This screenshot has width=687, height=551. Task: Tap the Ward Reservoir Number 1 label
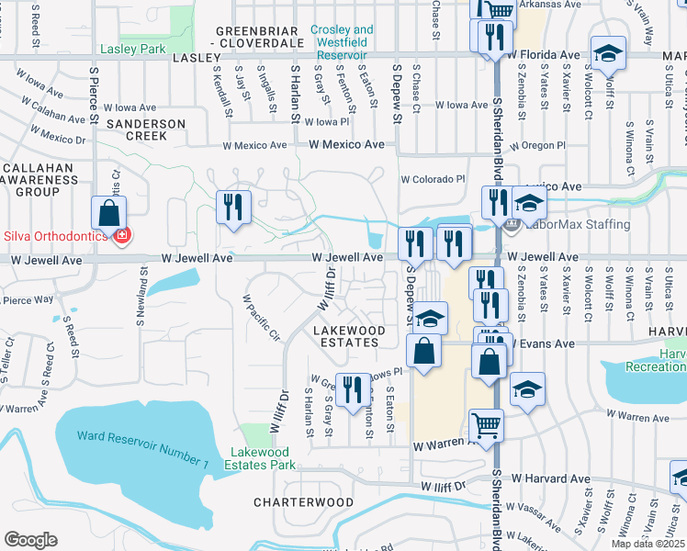[143, 436]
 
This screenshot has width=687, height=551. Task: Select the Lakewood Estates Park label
[263, 458]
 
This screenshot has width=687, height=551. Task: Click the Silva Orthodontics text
[53, 236]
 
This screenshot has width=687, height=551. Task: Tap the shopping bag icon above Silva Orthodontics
[108, 212]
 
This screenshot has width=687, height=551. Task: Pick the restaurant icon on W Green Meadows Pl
[352, 389]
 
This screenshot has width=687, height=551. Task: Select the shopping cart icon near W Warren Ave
[486, 424]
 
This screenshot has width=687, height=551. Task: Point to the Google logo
[30, 540]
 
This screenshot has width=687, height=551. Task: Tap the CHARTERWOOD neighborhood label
[303, 502]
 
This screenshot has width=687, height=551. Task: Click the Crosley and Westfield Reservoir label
[342, 36]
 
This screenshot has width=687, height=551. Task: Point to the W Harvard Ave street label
[550, 478]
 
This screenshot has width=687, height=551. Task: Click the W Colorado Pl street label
[433, 180]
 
